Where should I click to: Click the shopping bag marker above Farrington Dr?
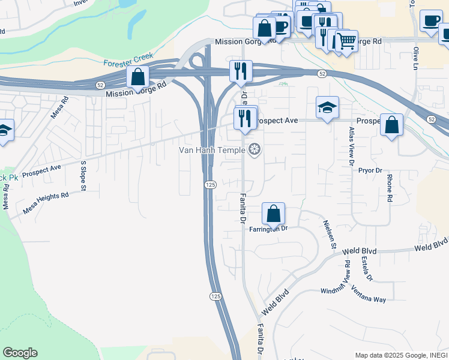click(x=273, y=214)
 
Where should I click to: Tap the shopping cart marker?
click(x=346, y=41)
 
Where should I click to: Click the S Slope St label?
click(x=84, y=176)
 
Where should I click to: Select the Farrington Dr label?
click(x=269, y=229)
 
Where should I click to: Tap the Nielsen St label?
click(x=330, y=233)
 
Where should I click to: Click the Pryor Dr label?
click(x=370, y=170)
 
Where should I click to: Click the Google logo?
click(x=20, y=353)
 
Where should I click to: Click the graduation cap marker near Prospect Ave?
click(x=327, y=107)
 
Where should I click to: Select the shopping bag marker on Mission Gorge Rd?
click(x=138, y=77)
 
